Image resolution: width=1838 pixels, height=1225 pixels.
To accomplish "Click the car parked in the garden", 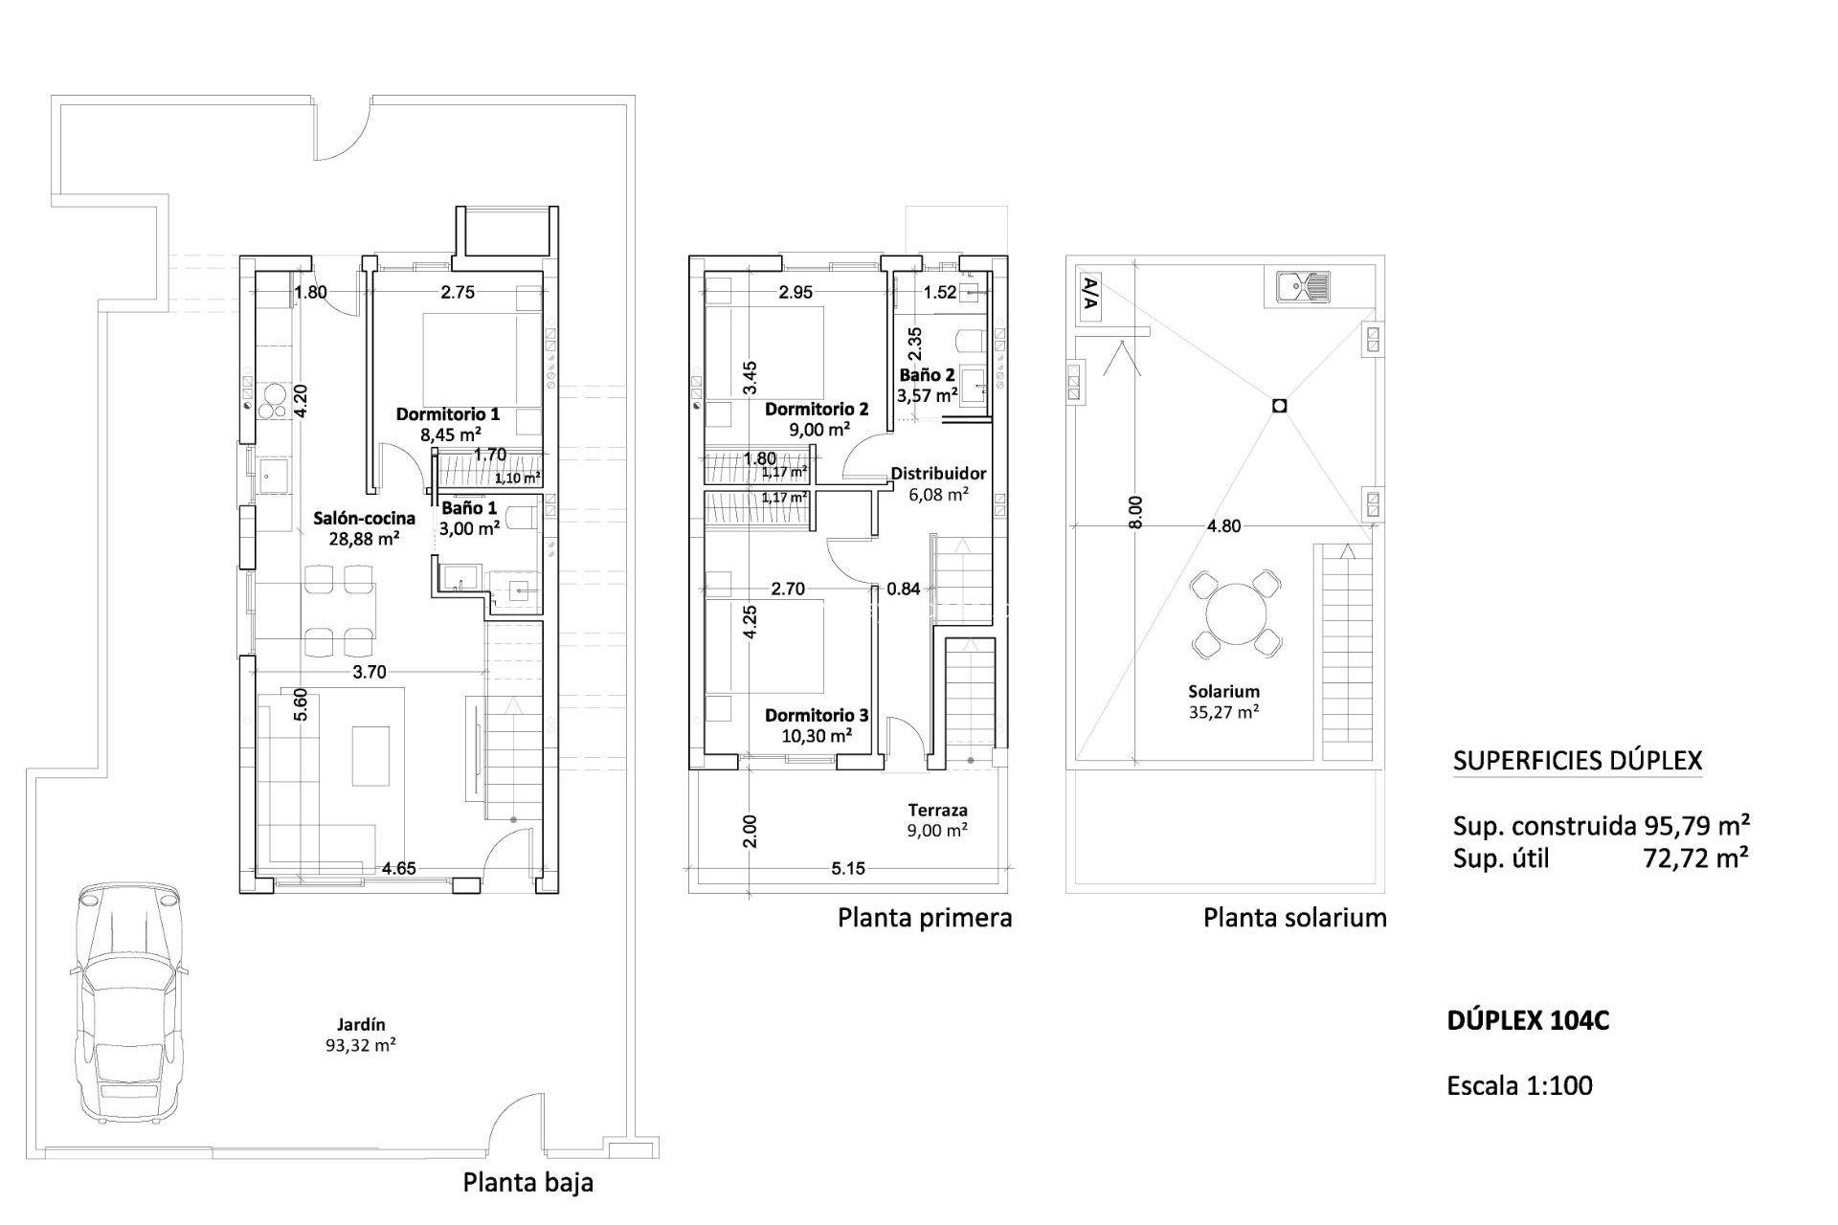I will [x=126, y=1000].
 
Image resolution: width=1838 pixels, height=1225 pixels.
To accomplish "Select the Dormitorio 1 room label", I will [x=448, y=424].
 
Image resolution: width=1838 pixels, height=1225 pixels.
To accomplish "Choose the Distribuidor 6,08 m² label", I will [x=938, y=483].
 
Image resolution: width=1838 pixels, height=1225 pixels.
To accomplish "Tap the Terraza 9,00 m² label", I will [x=937, y=820].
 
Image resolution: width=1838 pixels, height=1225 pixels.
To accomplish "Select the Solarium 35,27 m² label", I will [x=1223, y=701].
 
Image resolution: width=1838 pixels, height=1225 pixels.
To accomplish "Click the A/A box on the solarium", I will [x=1089, y=296].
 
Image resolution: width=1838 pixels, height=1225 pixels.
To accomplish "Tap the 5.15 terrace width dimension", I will [x=848, y=868].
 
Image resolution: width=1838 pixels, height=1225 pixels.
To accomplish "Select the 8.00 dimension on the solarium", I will [x=1135, y=513].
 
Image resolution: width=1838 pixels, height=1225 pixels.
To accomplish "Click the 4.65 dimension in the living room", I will [x=398, y=868].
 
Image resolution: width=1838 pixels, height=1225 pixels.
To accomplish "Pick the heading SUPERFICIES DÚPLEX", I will [x=1578, y=761].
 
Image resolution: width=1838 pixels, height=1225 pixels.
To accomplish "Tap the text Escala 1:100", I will [x=1520, y=1085].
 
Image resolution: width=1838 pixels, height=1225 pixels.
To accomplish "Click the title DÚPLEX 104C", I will [x=1528, y=1021].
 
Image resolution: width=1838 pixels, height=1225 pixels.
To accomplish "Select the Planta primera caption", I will [x=925, y=918].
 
